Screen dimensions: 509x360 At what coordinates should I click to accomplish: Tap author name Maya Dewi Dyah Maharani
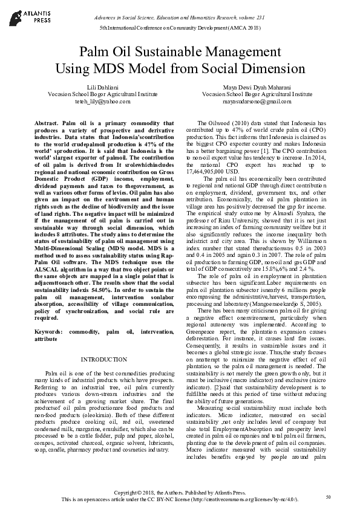coord(257,88)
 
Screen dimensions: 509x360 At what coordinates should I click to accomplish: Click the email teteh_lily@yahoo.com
coord(96,102)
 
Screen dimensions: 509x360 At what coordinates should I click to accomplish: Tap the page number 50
coord(328,497)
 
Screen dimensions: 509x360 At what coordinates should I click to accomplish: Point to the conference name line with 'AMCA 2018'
coord(180,28)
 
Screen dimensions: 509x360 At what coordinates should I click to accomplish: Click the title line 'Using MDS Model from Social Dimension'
coord(180,68)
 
